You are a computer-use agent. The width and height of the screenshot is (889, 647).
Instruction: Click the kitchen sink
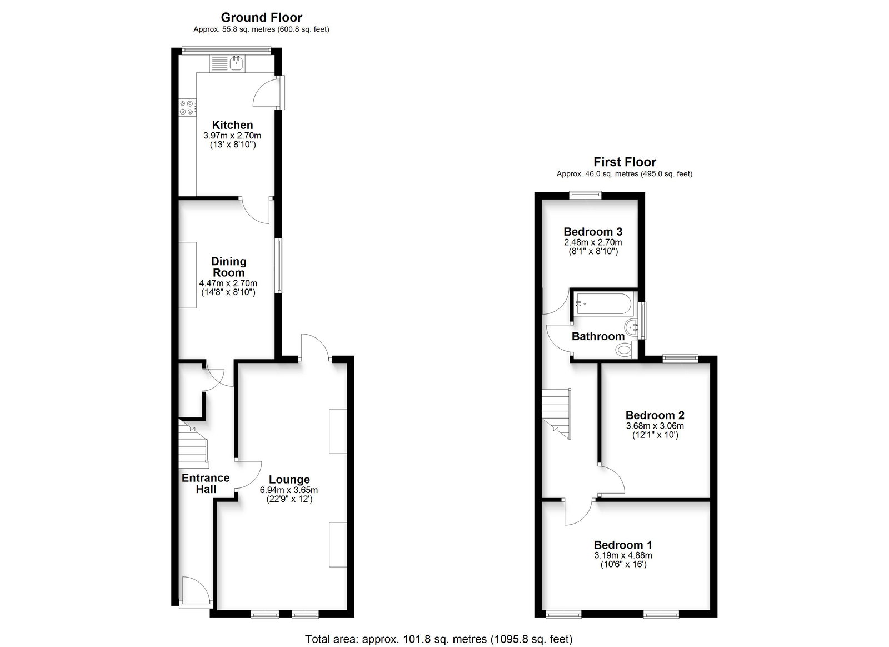(x=228, y=63)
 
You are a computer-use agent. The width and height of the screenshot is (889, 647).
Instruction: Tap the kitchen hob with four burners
(x=187, y=107)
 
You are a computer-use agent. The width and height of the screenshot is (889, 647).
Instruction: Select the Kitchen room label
(x=232, y=125)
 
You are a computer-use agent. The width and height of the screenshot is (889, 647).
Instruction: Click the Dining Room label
(x=228, y=267)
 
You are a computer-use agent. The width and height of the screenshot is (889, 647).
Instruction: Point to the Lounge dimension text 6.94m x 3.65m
(x=289, y=490)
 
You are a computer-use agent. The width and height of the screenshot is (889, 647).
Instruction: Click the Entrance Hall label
(x=206, y=484)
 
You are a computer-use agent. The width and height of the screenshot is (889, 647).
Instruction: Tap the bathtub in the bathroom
(x=603, y=305)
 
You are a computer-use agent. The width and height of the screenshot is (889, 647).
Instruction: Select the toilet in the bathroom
(x=625, y=350)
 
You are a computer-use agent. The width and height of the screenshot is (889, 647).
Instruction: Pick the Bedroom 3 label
(x=593, y=232)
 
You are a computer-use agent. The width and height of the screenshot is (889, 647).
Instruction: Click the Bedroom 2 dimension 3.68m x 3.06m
(x=655, y=426)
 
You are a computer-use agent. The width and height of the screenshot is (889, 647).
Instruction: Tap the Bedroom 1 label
(x=623, y=545)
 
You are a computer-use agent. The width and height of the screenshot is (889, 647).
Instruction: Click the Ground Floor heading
(x=262, y=17)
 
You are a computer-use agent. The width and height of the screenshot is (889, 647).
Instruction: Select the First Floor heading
(x=625, y=162)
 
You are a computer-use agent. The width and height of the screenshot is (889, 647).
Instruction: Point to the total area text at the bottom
(x=438, y=639)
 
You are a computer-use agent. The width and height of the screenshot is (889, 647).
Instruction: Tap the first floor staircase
(x=556, y=414)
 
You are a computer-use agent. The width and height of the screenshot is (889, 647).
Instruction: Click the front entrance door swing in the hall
(x=196, y=591)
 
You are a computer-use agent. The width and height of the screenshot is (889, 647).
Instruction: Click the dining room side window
(x=280, y=266)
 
